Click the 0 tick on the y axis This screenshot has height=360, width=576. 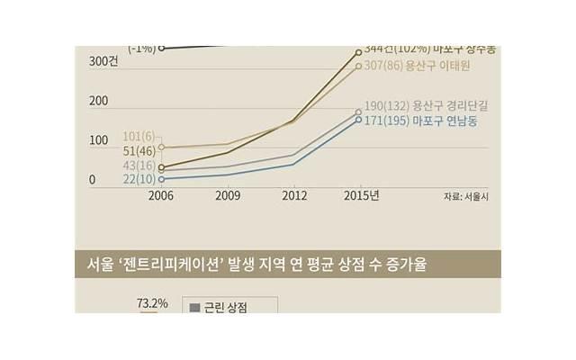92,181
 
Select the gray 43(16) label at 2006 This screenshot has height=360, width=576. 139,166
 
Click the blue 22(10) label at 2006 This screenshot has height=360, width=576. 139,181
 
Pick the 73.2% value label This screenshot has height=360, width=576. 152,304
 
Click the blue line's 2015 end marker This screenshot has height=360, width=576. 358,120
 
